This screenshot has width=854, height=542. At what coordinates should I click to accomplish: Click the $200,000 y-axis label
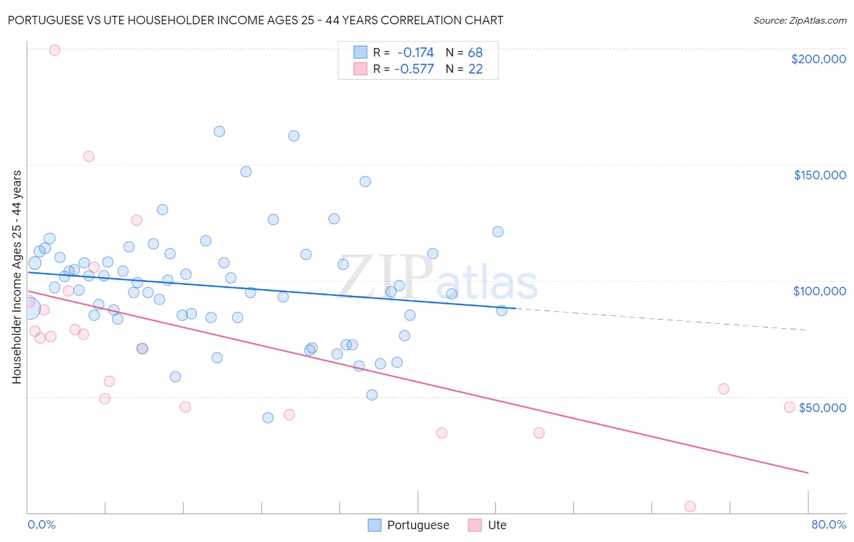click(x=818, y=59)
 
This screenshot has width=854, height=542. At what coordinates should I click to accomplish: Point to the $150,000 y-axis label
click(x=819, y=175)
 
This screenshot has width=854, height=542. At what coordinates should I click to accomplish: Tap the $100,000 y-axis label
click(x=819, y=291)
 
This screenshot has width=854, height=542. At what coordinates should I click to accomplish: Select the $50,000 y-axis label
click(x=822, y=408)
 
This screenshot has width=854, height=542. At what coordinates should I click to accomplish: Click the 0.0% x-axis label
click(x=41, y=524)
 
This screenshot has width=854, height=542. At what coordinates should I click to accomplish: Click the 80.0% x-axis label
click(x=828, y=524)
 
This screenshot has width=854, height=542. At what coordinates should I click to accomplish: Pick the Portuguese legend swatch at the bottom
click(x=375, y=525)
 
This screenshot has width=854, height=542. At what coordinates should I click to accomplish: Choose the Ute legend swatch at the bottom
click(x=475, y=525)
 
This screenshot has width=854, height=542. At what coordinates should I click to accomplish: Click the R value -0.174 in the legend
click(x=415, y=52)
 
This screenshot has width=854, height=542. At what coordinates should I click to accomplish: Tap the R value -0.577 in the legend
click(x=414, y=69)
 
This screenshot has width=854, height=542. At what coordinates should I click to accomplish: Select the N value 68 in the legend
click(x=475, y=52)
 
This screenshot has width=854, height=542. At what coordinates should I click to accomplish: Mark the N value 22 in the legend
click(x=475, y=69)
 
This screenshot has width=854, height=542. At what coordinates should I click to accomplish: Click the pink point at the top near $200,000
click(x=55, y=50)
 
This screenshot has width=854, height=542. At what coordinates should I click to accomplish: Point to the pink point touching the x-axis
click(x=690, y=507)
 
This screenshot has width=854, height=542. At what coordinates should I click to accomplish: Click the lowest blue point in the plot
click(x=268, y=417)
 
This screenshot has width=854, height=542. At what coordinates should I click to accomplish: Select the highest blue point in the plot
click(x=219, y=131)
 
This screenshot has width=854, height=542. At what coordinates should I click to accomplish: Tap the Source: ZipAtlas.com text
click(x=799, y=21)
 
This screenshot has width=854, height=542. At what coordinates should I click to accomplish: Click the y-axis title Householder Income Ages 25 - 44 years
click(x=16, y=276)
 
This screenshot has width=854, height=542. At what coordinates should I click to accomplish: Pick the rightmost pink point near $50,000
click(x=790, y=407)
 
